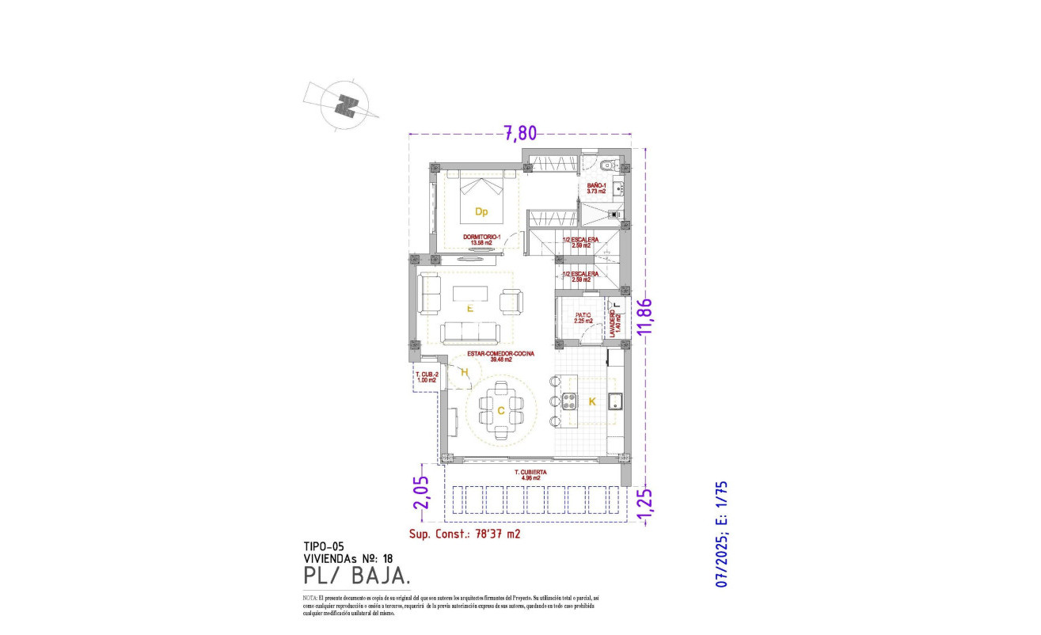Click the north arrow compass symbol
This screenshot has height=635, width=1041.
[x=346, y=105]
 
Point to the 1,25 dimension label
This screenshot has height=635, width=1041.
[x=645, y=505]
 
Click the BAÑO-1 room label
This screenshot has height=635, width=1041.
[x=596, y=188]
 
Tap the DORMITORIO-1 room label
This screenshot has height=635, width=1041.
[x=482, y=239]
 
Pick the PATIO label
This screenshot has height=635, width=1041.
[x=583, y=317]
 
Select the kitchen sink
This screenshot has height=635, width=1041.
[x=615, y=401]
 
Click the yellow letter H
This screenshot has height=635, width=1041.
[x=465, y=371]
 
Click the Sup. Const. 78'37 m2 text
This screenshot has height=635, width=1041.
[x=465, y=534]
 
